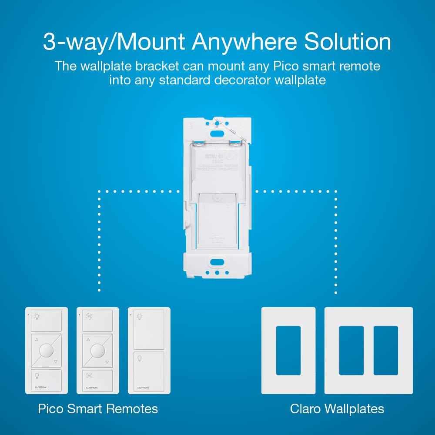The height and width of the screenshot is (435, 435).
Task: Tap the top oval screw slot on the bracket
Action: (216, 123)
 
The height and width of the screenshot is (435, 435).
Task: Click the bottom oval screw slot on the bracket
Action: (216, 262)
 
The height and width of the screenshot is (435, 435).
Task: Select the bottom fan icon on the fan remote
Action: (97, 375)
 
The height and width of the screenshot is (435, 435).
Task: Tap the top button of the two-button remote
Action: (149, 328)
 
